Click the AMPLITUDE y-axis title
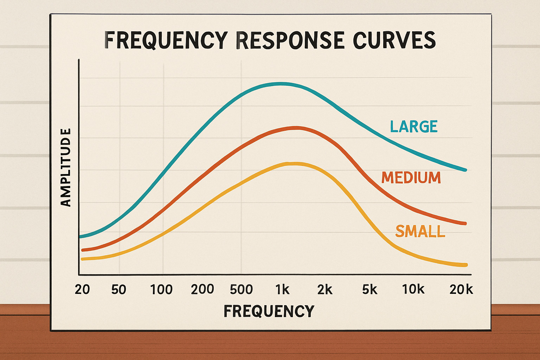tap(66, 167)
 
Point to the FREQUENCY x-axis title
tap(269, 311)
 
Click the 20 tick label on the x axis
tap(82, 289)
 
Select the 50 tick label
tap(119, 289)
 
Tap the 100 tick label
tap(161, 289)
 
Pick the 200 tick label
tap(202, 289)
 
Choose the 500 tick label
tap(242, 289)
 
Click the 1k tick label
tap(282, 289)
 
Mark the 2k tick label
tap(325, 289)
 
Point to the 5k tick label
tap(369, 289)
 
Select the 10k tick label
tap(413, 289)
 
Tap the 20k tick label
tap(461, 289)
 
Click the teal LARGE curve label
tap(414, 127)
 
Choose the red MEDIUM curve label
tap(411, 178)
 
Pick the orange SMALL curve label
tap(420, 231)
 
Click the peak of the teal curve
tap(281, 84)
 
